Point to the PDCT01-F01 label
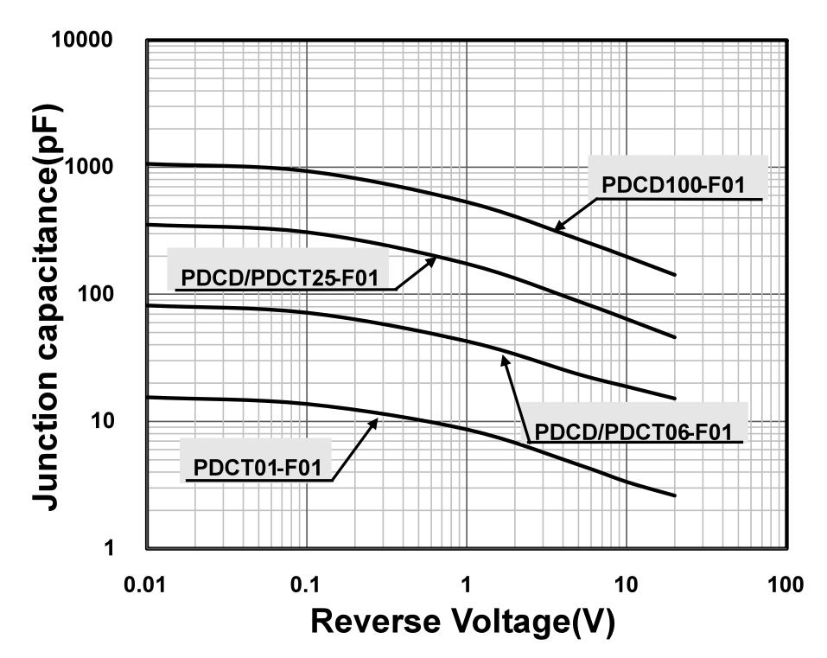258,469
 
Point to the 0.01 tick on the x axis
146,585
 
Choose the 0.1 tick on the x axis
306,585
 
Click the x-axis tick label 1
467,585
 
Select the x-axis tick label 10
626,585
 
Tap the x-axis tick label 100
785,585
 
